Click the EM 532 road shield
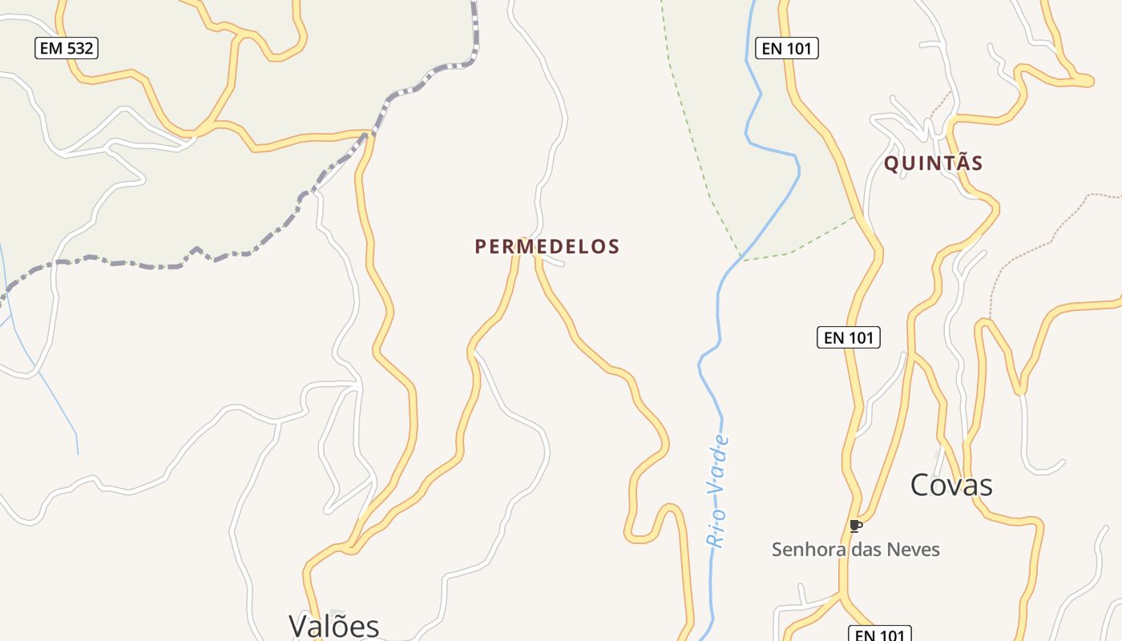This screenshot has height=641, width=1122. [x=67, y=48]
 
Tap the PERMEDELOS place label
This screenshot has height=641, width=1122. [x=547, y=247]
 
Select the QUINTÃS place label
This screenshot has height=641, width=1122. [x=933, y=163]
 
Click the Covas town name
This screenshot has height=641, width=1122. [x=951, y=485]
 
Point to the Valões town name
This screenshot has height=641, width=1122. [x=333, y=625]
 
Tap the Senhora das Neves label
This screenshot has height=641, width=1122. [x=855, y=550]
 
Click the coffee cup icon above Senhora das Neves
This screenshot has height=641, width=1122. [x=855, y=526]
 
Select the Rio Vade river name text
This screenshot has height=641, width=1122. [x=717, y=491]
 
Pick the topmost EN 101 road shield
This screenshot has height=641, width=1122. [x=786, y=48]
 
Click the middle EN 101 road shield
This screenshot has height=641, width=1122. [x=848, y=337]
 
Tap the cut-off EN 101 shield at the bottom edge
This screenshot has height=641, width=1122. [x=879, y=634]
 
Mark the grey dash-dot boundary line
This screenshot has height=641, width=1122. [x=240, y=254]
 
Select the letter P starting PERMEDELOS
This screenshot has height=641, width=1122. [x=481, y=247]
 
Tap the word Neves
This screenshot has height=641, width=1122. [x=917, y=550]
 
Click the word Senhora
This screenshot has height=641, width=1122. [x=802, y=550]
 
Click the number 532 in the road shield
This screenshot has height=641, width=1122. [x=79, y=48]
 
